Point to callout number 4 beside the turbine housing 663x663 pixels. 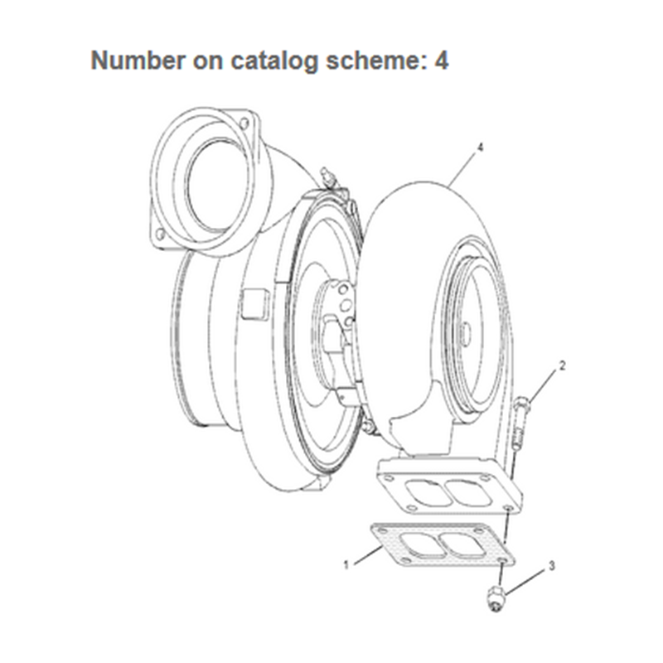pyautogui.click(x=480, y=148)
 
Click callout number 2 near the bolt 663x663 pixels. pyautogui.click(x=563, y=365)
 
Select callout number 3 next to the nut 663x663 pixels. pyautogui.click(x=552, y=567)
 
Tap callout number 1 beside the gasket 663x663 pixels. pyautogui.click(x=346, y=565)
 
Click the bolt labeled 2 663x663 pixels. pyautogui.click(x=520, y=423)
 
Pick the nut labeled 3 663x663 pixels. pyautogui.click(x=496, y=598)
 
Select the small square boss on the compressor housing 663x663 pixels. pyautogui.click(x=253, y=305)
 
